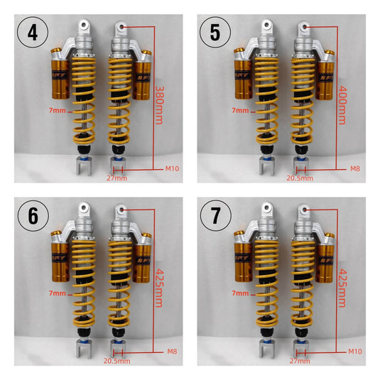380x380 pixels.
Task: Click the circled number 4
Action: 33,32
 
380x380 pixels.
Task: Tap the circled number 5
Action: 215,32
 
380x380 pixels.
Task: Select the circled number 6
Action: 33,215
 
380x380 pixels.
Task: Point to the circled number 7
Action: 216,215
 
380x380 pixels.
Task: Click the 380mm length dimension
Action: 159,105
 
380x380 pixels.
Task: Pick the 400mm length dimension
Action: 342,105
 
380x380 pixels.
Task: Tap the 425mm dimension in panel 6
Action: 158,288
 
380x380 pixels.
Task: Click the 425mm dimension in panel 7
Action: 342,288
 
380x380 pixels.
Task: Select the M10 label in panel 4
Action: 172,168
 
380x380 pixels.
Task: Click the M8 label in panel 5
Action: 355,168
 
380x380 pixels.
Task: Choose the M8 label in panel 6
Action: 172,352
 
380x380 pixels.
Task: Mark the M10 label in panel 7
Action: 355,352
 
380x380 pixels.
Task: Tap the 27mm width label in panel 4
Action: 116,178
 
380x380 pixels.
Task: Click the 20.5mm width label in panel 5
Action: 300,178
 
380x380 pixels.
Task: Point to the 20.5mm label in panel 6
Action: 117,361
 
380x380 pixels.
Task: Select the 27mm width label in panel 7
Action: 300,361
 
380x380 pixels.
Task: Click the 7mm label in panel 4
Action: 58,111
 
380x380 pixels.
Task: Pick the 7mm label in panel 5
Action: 240,111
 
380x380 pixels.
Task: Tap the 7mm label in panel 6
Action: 58,293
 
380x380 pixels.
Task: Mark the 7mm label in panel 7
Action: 240,293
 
